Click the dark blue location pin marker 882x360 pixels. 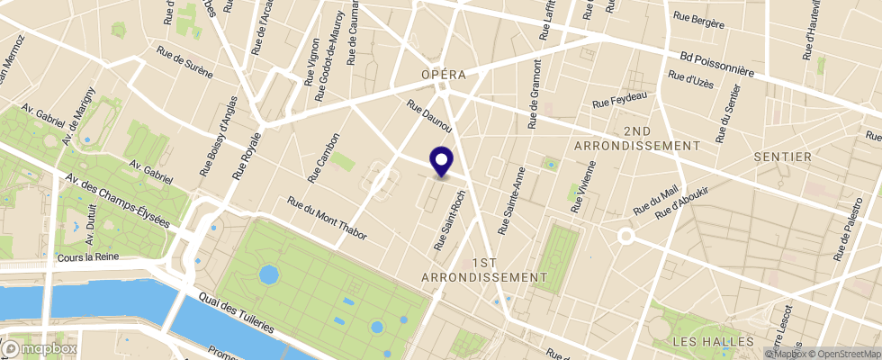442,161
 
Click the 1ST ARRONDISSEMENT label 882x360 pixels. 484,269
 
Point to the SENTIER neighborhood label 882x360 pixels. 782,157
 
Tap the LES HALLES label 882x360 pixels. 713,342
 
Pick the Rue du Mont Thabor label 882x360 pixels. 326,219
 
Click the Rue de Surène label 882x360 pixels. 187,62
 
